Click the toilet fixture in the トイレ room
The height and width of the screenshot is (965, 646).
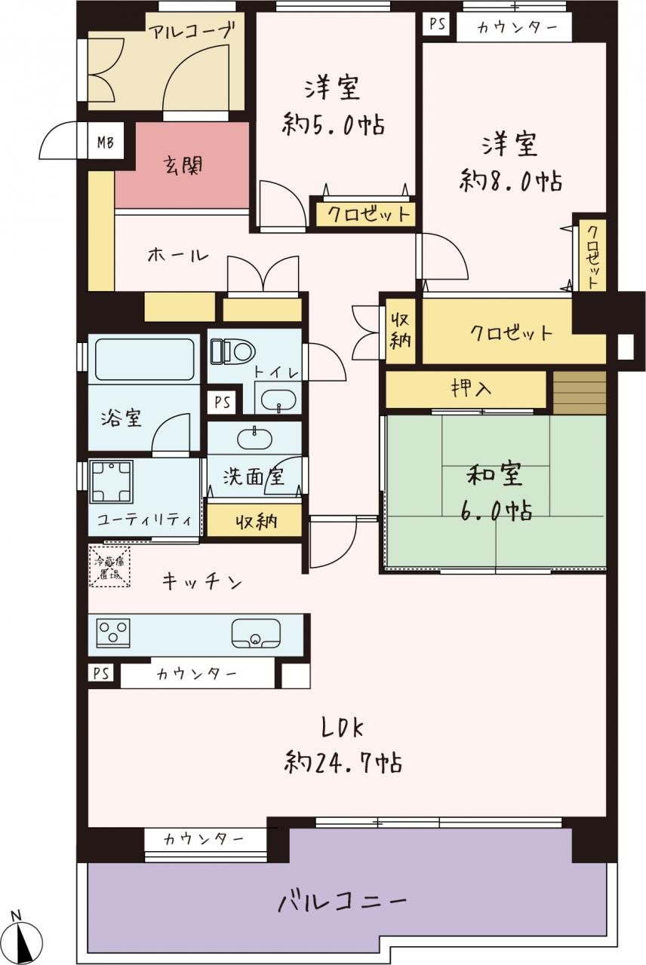click(x=233, y=351)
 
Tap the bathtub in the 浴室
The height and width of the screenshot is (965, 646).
click(x=144, y=360)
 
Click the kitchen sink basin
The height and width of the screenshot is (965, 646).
click(x=256, y=634)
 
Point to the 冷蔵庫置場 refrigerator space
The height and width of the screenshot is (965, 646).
click(x=109, y=566)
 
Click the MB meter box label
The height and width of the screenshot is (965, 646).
click(x=105, y=142)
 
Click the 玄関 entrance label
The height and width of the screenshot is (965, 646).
click(x=183, y=165)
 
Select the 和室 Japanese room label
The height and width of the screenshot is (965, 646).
click(x=494, y=475)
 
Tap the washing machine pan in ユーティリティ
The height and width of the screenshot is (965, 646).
click(x=111, y=481)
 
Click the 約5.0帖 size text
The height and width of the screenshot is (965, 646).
click(x=333, y=124)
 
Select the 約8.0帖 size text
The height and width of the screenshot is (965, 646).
click(x=511, y=181)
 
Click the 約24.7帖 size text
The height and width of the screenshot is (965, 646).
click(x=343, y=763)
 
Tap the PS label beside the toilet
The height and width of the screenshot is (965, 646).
click(x=223, y=403)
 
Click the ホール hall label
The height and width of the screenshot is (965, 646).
click(x=177, y=256)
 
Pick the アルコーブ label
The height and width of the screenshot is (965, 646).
click(x=192, y=32)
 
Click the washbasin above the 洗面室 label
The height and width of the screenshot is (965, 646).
click(x=254, y=437)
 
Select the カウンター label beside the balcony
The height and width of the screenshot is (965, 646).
click(x=204, y=840)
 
